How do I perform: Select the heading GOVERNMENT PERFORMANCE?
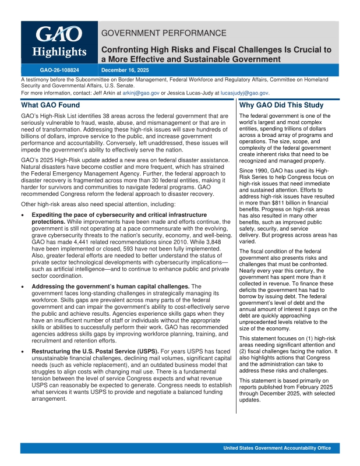pyautogui.click(x=164, y=33)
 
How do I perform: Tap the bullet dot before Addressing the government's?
pyautogui.click(x=23, y=287)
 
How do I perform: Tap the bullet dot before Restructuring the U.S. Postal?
pyautogui.click(x=23, y=351)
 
